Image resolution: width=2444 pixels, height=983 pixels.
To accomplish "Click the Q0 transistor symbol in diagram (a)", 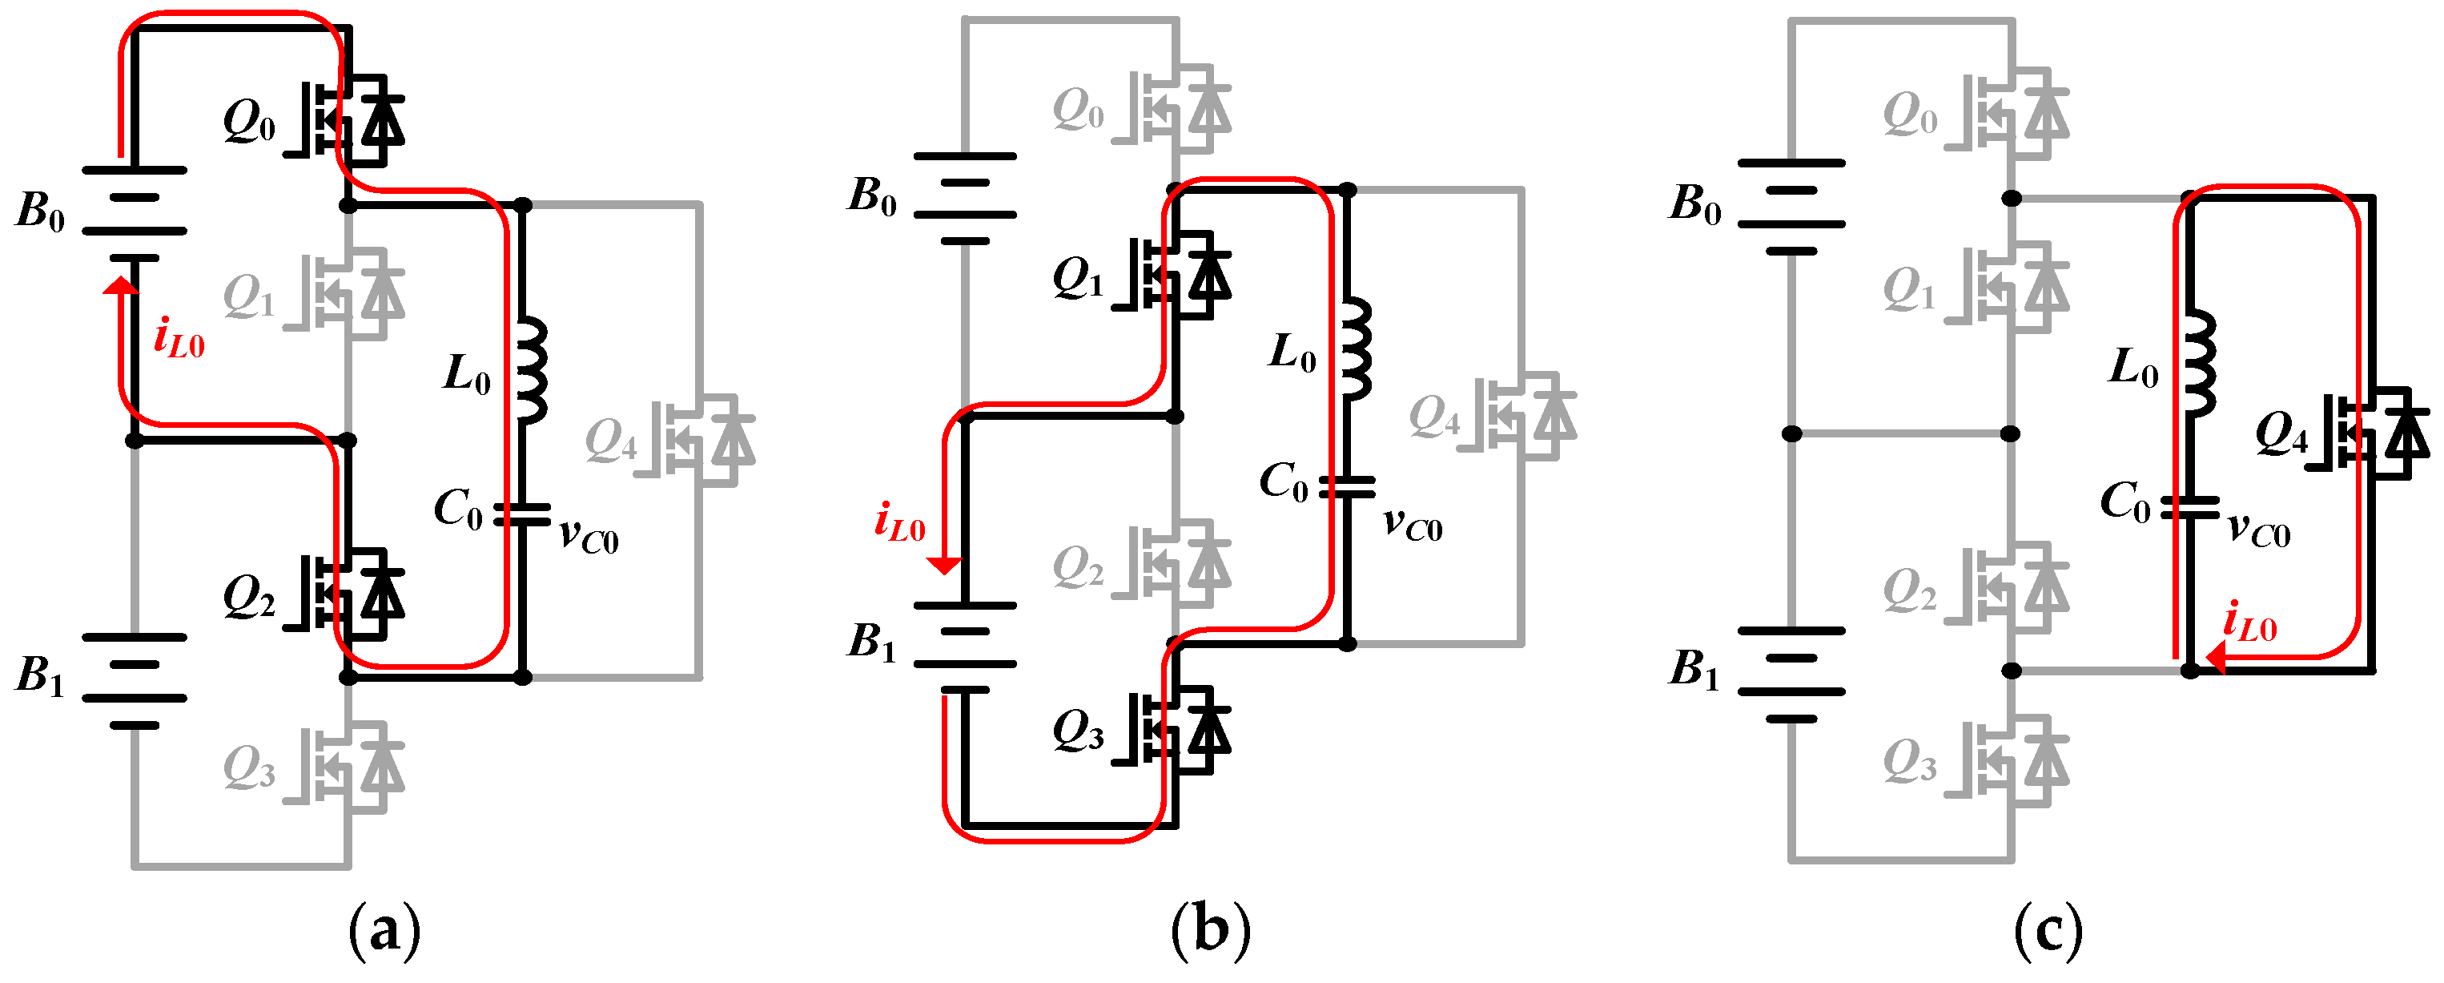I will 351,115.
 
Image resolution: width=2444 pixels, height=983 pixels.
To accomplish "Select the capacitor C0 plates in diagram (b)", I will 1347,487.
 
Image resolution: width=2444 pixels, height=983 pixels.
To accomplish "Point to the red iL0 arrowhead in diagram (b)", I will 944,566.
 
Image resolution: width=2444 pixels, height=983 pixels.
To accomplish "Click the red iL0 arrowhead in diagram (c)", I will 2215,658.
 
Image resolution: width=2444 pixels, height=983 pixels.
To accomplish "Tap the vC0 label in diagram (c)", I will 2258,530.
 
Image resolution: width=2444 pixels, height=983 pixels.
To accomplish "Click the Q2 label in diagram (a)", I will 248,598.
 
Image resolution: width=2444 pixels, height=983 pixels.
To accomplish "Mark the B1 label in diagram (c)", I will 1694,668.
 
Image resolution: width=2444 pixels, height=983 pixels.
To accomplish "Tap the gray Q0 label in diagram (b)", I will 1079,108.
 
